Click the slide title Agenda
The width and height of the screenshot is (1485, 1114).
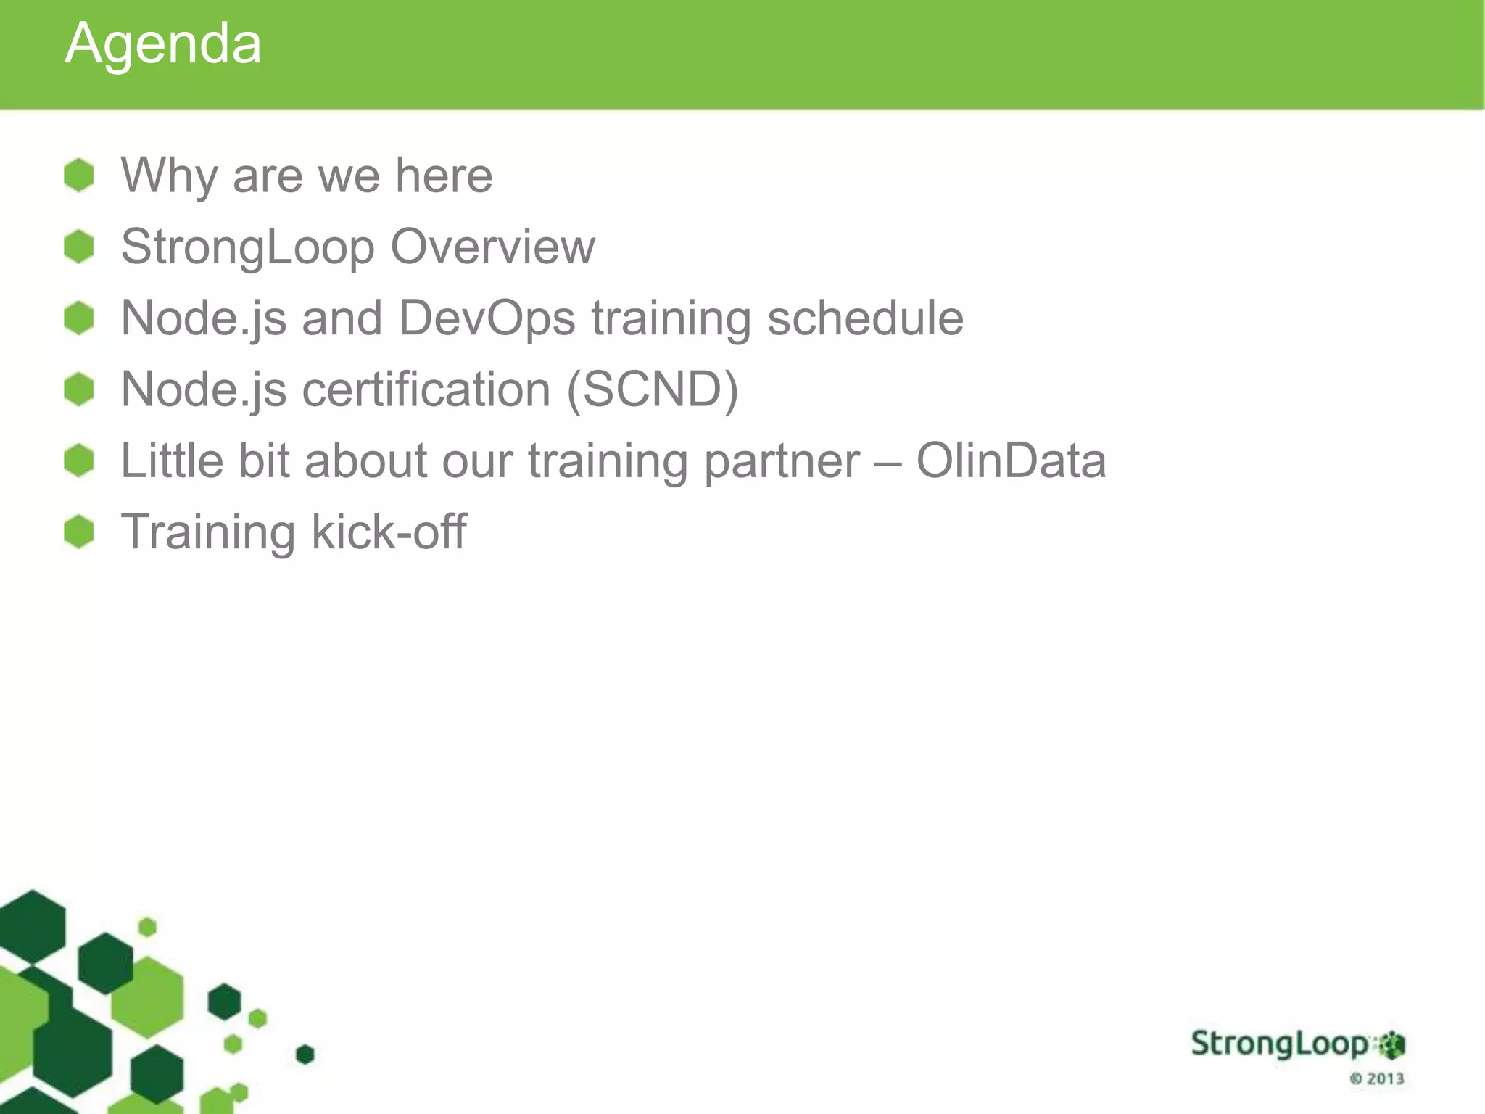click(x=163, y=44)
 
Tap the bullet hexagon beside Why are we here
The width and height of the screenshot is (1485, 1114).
click(x=79, y=176)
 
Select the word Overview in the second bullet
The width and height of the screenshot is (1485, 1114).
click(x=492, y=247)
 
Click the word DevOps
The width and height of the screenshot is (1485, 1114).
click(x=487, y=318)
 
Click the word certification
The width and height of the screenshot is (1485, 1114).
click(x=426, y=389)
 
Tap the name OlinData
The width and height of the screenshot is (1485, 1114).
click(x=1011, y=461)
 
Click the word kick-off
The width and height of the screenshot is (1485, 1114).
click(x=389, y=532)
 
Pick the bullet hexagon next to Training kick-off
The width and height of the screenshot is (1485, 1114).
click(x=79, y=532)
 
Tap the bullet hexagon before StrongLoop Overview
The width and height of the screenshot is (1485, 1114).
click(x=79, y=247)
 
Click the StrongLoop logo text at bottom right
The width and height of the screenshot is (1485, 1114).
click(x=1280, y=1044)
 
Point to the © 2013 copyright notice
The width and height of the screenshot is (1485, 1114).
click(x=1377, y=1078)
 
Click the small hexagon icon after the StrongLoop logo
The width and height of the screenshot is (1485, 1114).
click(x=1391, y=1045)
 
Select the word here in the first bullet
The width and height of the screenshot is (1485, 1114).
click(x=444, y=176)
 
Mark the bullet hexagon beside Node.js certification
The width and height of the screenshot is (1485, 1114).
click(x=79, y=389)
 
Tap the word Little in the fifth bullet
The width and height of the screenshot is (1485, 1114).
click(x=172, y=461)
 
